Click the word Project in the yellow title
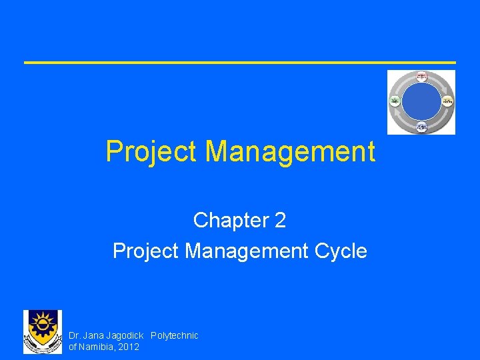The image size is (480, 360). click(x=151, y=152)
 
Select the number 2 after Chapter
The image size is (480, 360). click(x=280, y=220)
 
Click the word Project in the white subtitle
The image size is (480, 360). click(x=146, y=251)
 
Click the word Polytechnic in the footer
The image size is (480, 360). click(x=175, y=335)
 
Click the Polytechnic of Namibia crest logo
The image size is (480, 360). click(x=42, y=331)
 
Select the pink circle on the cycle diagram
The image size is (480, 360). click(x=421, y=77)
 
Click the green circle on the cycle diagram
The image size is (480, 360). click(x=395, y=101)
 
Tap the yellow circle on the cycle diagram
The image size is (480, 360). click(x=447, y=101)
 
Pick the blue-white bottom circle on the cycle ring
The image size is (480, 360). click(x=421, y=127)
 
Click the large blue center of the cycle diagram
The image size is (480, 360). click(x=421, y=102)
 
